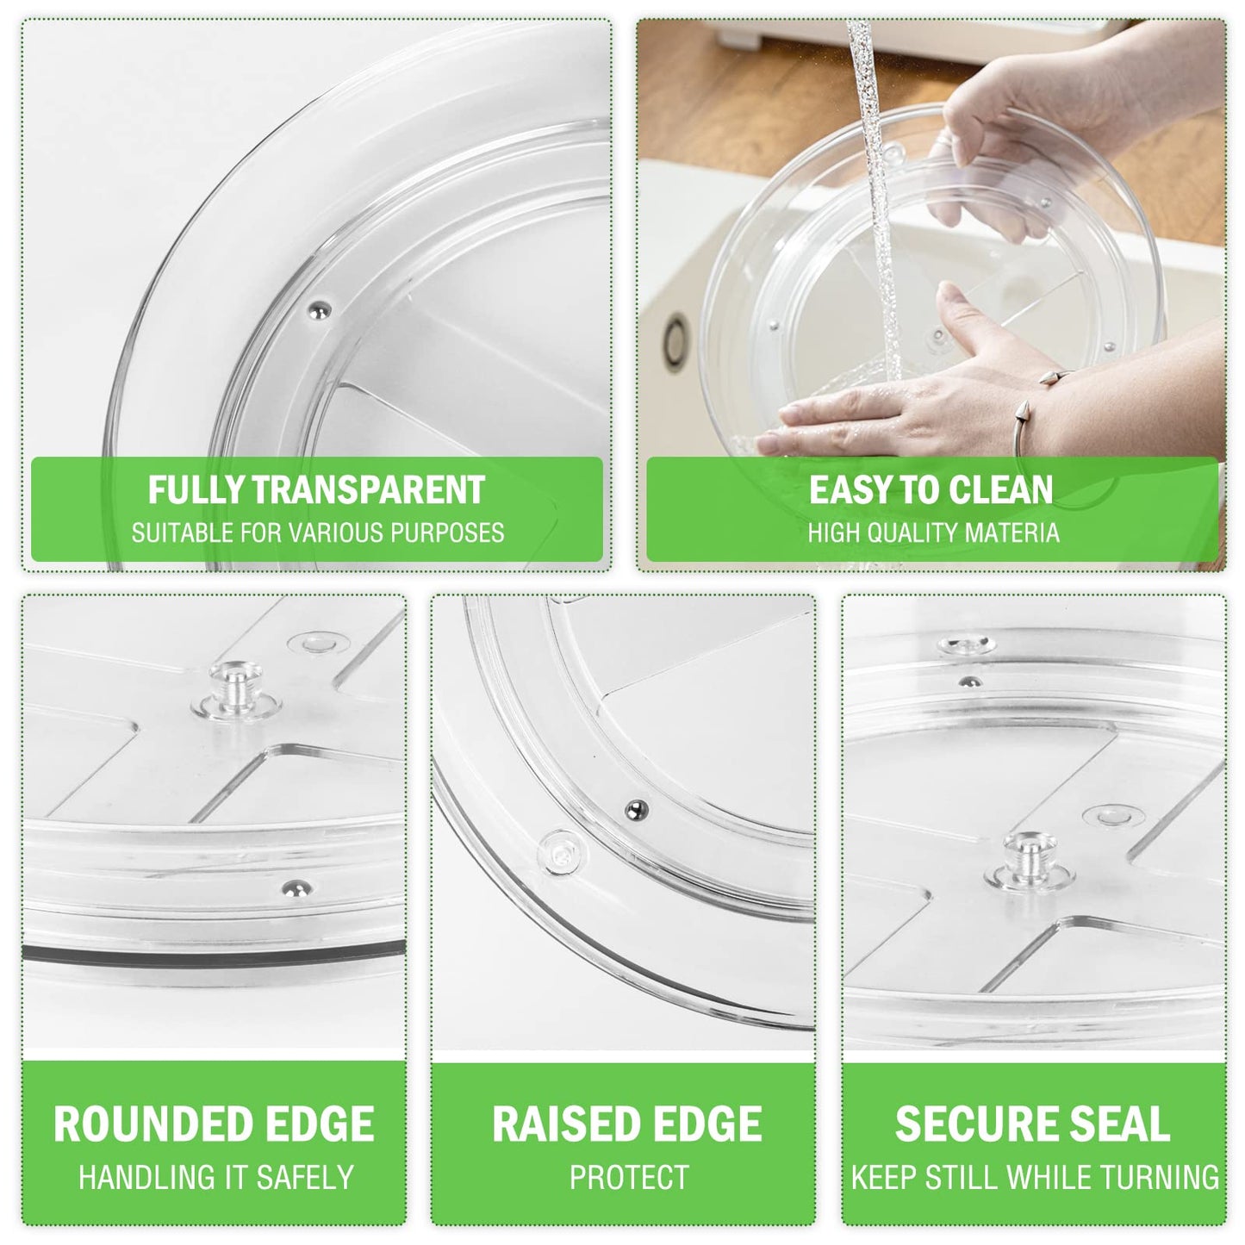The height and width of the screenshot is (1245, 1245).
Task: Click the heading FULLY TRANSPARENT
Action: [x=316, y=489]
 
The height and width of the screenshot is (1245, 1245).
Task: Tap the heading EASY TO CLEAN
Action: [x=931, y=489]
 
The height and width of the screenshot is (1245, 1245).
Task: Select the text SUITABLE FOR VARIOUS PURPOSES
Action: [x=318, y=533]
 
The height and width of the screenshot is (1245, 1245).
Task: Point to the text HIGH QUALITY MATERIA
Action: [x=934, y=533]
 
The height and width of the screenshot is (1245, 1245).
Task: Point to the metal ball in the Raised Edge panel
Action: [x=637, y=808]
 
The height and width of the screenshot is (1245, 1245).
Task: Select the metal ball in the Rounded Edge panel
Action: [x=295, y=887]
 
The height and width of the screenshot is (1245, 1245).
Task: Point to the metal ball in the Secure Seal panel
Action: [x=968, y=681]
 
